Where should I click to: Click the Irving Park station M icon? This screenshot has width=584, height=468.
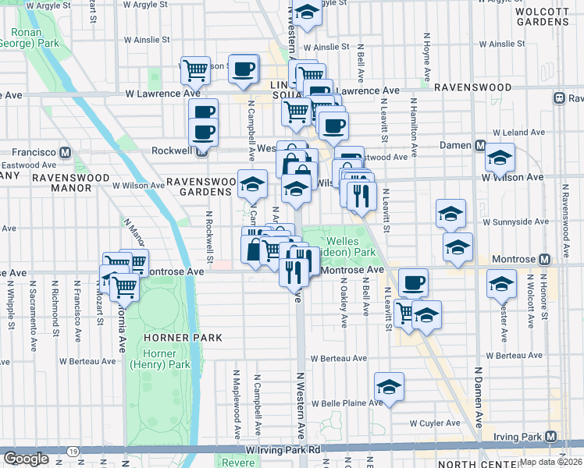tap(551, 436)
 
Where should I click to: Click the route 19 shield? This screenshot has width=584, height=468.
tap(72, 451)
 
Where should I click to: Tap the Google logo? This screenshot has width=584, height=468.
tap(26, 458)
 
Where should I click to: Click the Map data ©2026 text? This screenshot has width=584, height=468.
tap(551, 462)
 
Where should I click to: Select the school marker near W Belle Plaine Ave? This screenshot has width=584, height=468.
tap(389, 385)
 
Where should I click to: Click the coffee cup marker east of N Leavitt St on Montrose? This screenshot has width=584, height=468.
tap(413, 282)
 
